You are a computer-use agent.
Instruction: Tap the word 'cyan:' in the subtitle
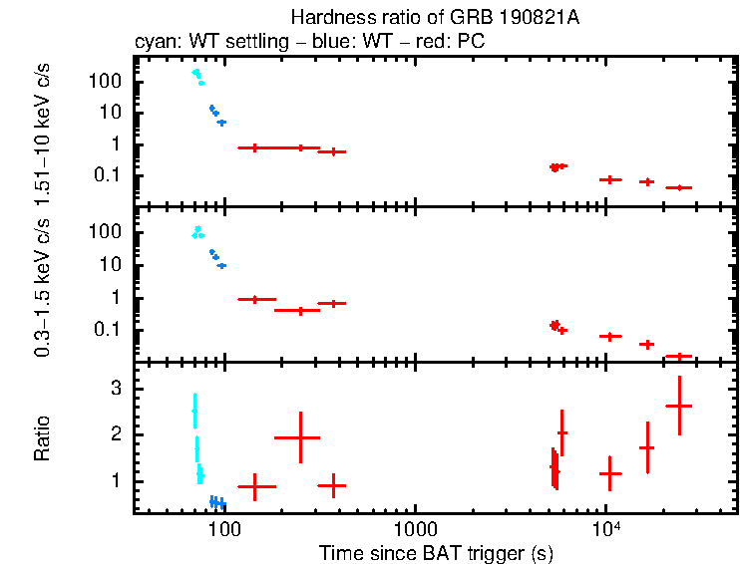(x=156, y=43)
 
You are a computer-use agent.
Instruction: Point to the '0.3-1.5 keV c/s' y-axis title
(x=43, y=283)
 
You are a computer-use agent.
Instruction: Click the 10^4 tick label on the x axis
(x=604, y=527)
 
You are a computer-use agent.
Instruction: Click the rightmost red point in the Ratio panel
(x=679, y=406)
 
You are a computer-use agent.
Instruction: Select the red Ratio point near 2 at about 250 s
(x=297, y=437)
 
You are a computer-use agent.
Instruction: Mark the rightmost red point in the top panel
(x=679, y=187)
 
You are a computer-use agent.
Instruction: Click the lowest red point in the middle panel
(x=679, y=356)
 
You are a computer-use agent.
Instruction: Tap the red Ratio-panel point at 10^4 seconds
(x=609, y=473)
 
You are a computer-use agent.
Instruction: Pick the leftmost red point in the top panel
(x=255, y=147)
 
